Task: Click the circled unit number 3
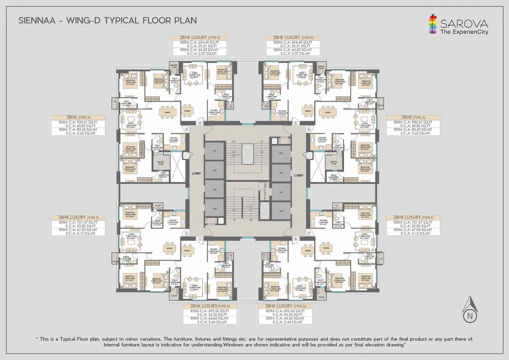coord(187,129)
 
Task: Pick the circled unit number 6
coord(308,129)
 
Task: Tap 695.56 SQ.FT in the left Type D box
coord(213,311)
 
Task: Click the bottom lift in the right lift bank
coord(280,210)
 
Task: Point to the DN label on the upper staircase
coord(233,141)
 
